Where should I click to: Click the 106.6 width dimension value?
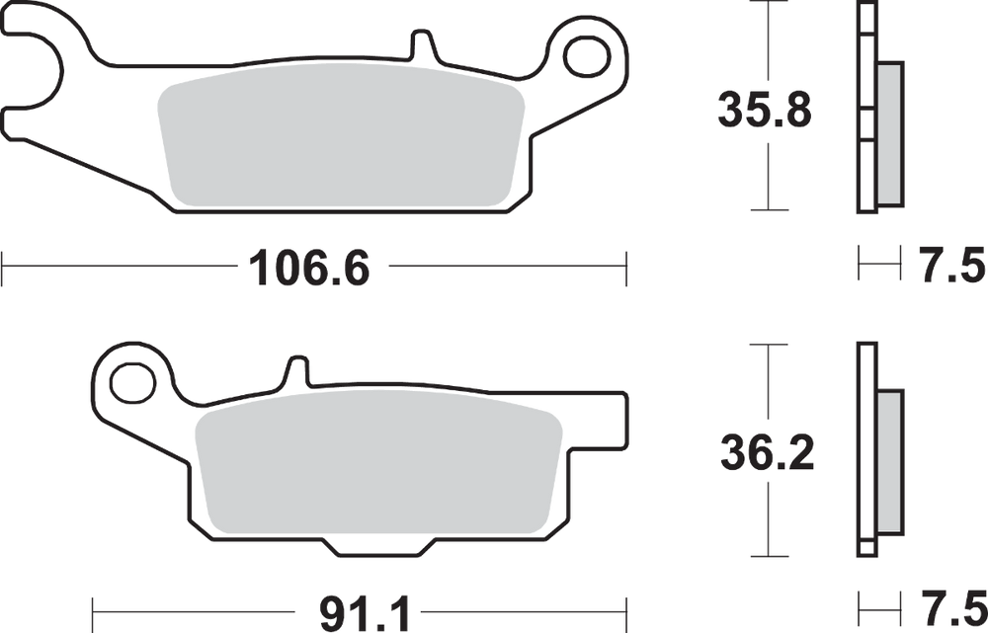tap(308, 269)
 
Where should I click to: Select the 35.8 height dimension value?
tap(765, 111)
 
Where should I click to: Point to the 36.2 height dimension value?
tap(767, 452)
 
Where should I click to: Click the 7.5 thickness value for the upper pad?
tap(948, 266)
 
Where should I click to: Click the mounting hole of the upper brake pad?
tap(587, 58)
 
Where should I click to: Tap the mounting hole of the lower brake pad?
tap(132, 383)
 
